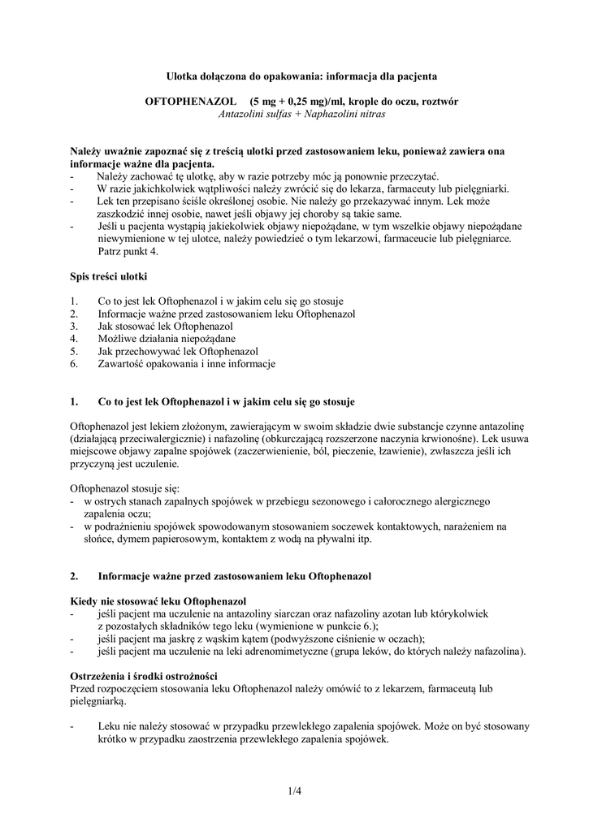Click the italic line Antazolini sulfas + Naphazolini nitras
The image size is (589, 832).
click(x=301, y=114)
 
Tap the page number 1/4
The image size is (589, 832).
click(x=294, y=789)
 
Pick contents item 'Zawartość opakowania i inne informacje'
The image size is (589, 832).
click(x=187, y=364)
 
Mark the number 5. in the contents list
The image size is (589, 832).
click(x=75, y=351)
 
